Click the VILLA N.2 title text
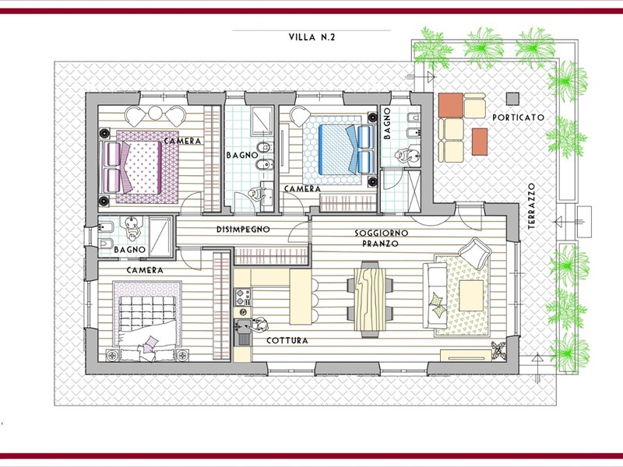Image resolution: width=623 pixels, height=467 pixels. click(312, 37)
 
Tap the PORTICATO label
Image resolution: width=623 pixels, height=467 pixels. click(518, 118)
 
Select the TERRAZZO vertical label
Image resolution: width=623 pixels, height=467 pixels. click(532, 206)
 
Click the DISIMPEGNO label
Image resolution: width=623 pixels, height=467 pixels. click(243, 229)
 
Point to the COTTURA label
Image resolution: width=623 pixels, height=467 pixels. click(287, 341)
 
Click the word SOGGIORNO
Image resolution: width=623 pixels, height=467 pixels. click(382, 233)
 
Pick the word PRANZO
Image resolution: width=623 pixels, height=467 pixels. click(380, 244)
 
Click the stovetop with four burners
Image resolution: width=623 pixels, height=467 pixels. click(243, 297)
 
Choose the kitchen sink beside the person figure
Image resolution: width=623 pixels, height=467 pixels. click(242, 332)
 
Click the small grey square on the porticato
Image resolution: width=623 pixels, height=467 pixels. click(512, 98)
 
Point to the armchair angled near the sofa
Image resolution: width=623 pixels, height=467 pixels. click(475, 253)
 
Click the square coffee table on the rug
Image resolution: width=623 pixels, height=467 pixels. click(471, 296)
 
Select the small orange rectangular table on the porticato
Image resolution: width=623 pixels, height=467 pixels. click(480, 142)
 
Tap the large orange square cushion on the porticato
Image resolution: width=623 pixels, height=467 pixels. click(451, 105)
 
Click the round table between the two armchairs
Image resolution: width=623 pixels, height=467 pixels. click(155, 113)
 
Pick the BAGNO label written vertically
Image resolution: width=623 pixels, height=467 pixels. click(387, 124)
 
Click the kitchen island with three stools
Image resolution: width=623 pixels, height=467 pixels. click(301, 297)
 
